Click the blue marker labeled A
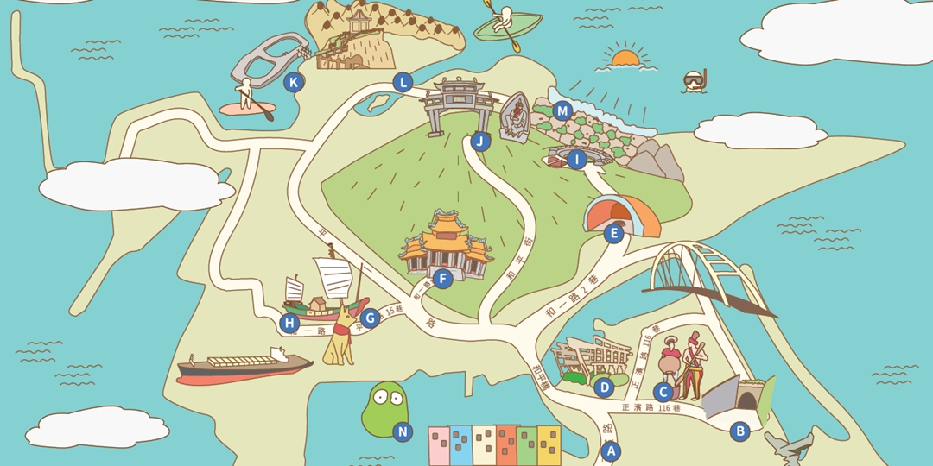point(611,450)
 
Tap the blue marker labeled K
point(294,83)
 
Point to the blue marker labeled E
point(613,233)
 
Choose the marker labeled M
point(562,110)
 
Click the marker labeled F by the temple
point(442,279)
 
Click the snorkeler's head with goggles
point(695,80)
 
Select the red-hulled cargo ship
point(242,367)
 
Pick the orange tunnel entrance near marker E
point(623,214)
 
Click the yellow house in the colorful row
point(549,444)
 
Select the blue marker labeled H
point(289,324)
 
